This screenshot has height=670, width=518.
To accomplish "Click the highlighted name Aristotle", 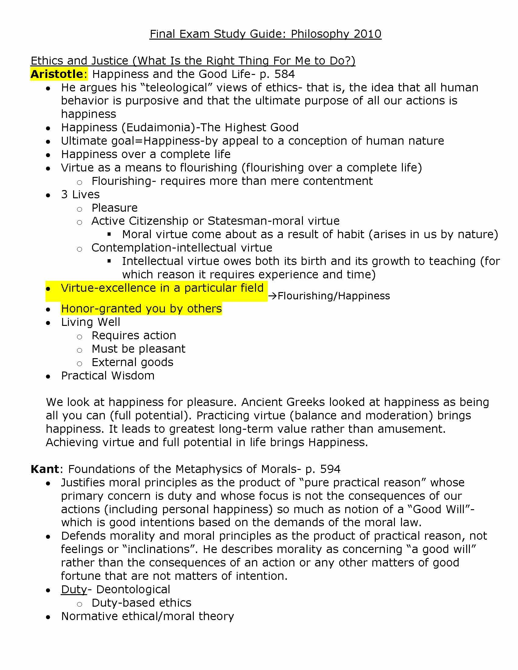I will point(57,74).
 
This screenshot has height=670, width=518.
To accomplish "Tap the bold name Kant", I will point(45,469).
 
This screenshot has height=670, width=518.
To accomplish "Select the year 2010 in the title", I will point(367,34).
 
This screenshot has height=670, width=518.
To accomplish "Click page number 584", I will point(285,74).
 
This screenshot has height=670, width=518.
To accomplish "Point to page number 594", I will point(330,469).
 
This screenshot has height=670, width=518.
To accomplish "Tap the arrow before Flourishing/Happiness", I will point(272,296).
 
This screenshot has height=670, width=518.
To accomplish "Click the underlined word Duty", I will point(74,590).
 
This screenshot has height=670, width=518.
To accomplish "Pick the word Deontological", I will point(133,590).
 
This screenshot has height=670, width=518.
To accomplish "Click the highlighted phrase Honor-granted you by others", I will point(141,309).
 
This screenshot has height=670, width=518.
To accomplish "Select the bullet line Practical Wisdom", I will point(108,376).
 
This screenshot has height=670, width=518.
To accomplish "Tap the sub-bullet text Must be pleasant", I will point(138,349).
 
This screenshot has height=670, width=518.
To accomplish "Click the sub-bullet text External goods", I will point(132,362).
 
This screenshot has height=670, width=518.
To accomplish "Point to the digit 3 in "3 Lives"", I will point(64,195).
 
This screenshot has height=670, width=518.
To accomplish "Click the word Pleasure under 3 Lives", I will point(115,208).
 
